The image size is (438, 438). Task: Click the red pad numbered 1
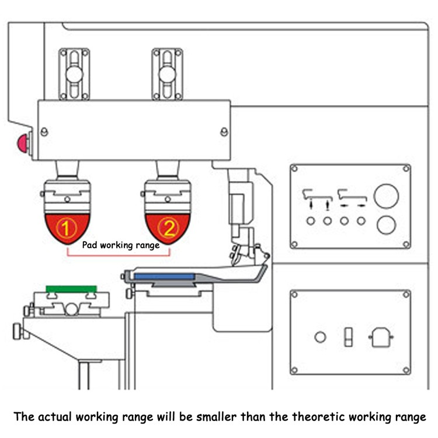67,228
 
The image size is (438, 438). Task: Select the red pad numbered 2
168,228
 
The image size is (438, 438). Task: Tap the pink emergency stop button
23,143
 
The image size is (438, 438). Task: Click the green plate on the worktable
71,289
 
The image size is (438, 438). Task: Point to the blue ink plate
164,277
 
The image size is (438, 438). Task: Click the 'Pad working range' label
121,245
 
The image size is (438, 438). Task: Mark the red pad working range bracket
119,255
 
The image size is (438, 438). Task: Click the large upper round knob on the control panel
387,196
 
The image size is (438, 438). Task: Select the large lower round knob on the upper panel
387,225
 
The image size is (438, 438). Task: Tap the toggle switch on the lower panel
348,337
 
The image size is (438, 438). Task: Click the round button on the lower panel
320,337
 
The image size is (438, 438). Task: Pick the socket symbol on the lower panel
381,337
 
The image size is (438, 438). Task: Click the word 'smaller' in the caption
216,417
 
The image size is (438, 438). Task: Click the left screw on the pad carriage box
44,131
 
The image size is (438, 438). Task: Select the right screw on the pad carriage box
224,131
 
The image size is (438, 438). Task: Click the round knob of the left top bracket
74,74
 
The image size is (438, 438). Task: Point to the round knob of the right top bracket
168,74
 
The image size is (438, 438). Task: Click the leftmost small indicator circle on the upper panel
311,221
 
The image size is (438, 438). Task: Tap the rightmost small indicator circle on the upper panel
361,221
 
